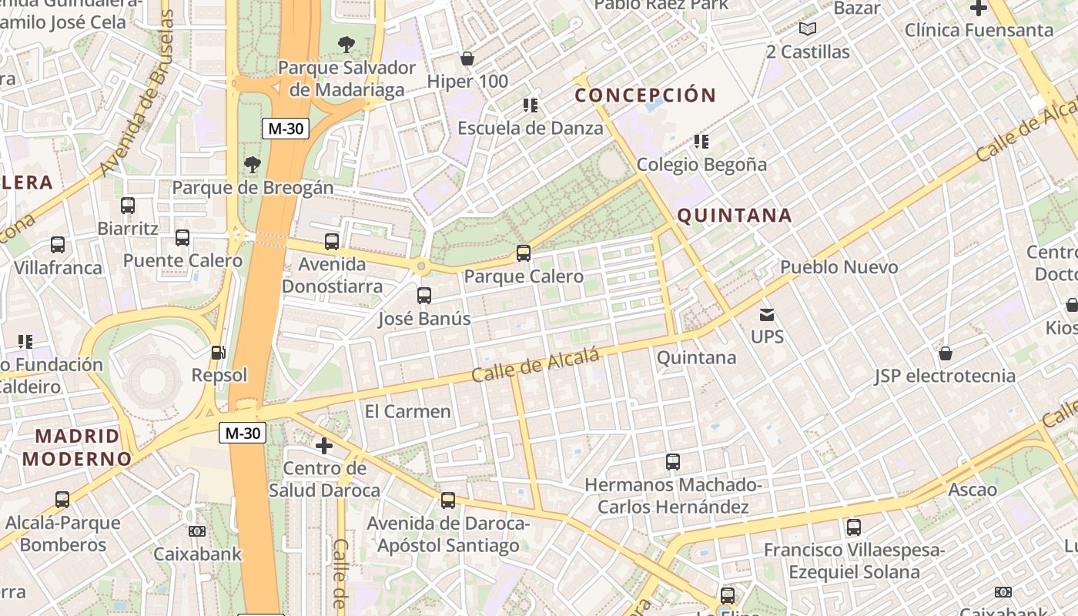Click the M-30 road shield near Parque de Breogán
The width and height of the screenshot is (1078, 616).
(x=285, y=129)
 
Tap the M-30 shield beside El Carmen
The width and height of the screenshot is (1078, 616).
(x=243, y=433)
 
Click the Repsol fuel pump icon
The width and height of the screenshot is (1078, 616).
(x=219, y=353)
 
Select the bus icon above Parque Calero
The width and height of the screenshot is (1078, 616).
(x=524, y=253)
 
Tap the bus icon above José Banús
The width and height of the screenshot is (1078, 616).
(x=423, y=295)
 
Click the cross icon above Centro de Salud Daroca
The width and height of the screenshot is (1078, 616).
(x=324, y=446)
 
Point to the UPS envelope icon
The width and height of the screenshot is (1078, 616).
(x=767, y=314)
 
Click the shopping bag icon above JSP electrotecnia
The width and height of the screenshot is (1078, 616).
(x=945, y=353)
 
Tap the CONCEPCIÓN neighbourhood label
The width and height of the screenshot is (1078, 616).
(x=645, y=95)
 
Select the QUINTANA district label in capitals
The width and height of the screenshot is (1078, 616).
(x=735, y=216)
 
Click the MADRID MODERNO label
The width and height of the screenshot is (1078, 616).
(x=77, y=447)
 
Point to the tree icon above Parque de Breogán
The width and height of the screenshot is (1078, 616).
(x=252, y=164)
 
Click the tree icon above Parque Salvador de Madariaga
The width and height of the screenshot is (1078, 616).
(x=346, y=44)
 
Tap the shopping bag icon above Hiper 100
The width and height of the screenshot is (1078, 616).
(x=467, y=59)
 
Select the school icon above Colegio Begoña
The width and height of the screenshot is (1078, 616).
(x=701, y=142)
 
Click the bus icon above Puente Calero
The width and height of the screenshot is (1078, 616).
(x=182, y=237)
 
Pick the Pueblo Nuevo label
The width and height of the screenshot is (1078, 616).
(x=839, y=267)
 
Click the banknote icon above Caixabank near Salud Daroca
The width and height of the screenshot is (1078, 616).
(x=197, y=531)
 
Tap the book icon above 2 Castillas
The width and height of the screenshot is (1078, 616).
(x=807, y=29)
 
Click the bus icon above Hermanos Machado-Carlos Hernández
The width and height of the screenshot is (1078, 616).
(x=673, y=462)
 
